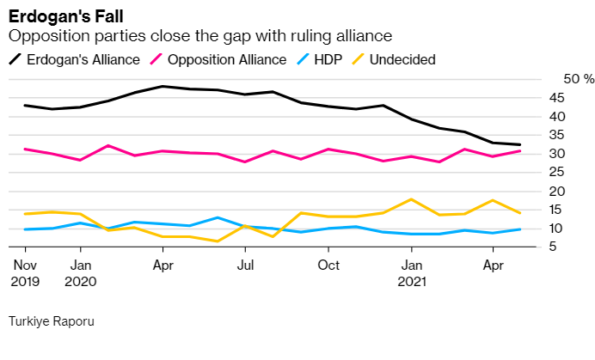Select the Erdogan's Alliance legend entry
coord(75,59)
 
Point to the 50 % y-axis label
coord(579,79)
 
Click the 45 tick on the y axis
coord(557,98)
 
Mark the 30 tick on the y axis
coord(557,154)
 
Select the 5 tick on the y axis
coord(561,247)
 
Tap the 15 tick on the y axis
coord(557,210)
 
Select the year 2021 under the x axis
coord(412,280)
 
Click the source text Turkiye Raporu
coord(51,321)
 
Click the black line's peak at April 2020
coord(163,86)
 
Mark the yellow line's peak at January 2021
coord(412,199)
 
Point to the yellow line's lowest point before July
coord(218,241)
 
